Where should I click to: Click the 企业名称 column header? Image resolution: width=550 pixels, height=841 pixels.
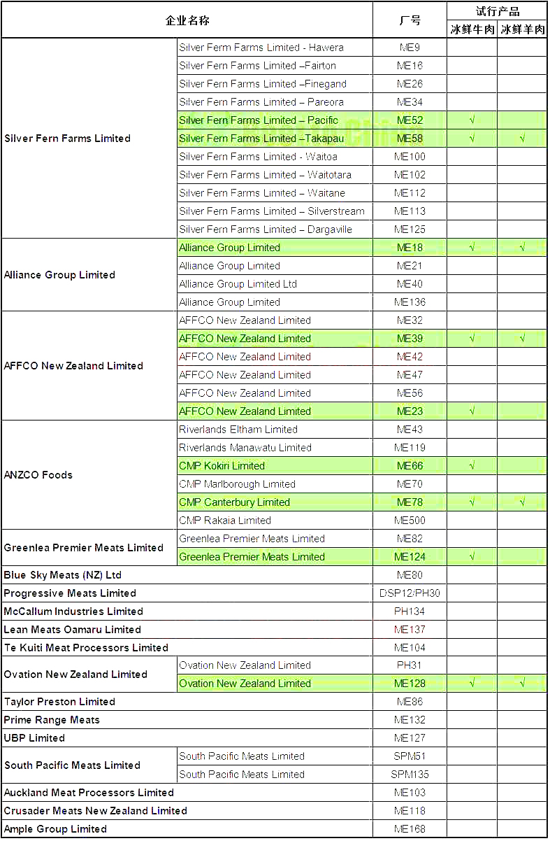[x=187, y=20]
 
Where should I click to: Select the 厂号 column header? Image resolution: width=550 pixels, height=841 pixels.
[x=410, y=20]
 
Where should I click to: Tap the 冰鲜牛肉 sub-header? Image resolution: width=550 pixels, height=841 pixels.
[x=472, y=29]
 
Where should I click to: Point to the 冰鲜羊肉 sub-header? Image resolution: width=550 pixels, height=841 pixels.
[x=522, y=29]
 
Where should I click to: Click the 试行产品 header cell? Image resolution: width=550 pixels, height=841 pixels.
[x=497, y=11]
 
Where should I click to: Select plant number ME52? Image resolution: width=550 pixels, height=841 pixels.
[x=410, y=120]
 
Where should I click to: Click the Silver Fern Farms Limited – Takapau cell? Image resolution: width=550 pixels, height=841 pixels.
[x=261, y=139]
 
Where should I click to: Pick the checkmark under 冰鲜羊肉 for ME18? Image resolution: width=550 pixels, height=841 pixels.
[x=522, y=248]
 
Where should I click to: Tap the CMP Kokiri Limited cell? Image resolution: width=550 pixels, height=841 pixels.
[x=222, y=466]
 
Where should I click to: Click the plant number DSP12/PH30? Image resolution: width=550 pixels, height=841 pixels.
[x=410, y=593]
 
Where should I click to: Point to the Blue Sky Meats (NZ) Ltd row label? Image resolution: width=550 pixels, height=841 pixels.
[x=63, y=575]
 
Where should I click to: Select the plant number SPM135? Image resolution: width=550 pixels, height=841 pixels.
[x=410, y=775]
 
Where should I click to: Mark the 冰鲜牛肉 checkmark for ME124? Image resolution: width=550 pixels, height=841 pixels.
[x=472, y=557]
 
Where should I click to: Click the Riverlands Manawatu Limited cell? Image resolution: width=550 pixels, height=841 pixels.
[x=245, y=448]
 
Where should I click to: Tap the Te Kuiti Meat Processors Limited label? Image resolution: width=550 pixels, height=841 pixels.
[x=86, y=648]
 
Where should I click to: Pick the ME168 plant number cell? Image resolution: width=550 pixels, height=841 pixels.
[x=410, y=829]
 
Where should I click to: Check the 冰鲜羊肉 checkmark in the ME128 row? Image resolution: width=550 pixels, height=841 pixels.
[x=522, y=684]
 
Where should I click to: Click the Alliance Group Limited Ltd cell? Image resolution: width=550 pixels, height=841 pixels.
[x=238, y=284]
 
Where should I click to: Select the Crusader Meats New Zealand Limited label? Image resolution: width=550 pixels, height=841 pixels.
[x=96, y=811]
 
